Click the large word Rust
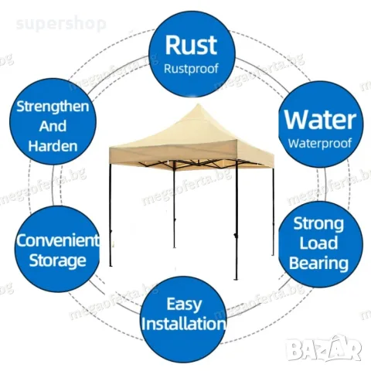click(x=191, y=45)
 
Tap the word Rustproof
click(x=191, y=69)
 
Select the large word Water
click(x=320, y=120)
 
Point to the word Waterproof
click(x=320, y=143)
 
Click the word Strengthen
click(x=53, y=107)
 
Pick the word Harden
click(x=53, y=146)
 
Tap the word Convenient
click(x=57, y=240)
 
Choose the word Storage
click(x=57, y=260)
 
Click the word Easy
click(x=184, y=305)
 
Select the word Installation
click(x=183, y=324)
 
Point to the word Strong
click(x=318, y=223)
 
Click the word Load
click(x=318, y=243)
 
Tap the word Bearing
click(x=318, y=264)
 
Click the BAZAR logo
click(x=324, y=349)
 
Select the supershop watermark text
click(x=61, y=24)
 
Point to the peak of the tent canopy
click(x=198, y=104)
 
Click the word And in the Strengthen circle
click(x=53, y=126)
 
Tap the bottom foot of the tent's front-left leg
click(x=111, y=265)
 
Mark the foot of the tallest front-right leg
click(x=236, y=278)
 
